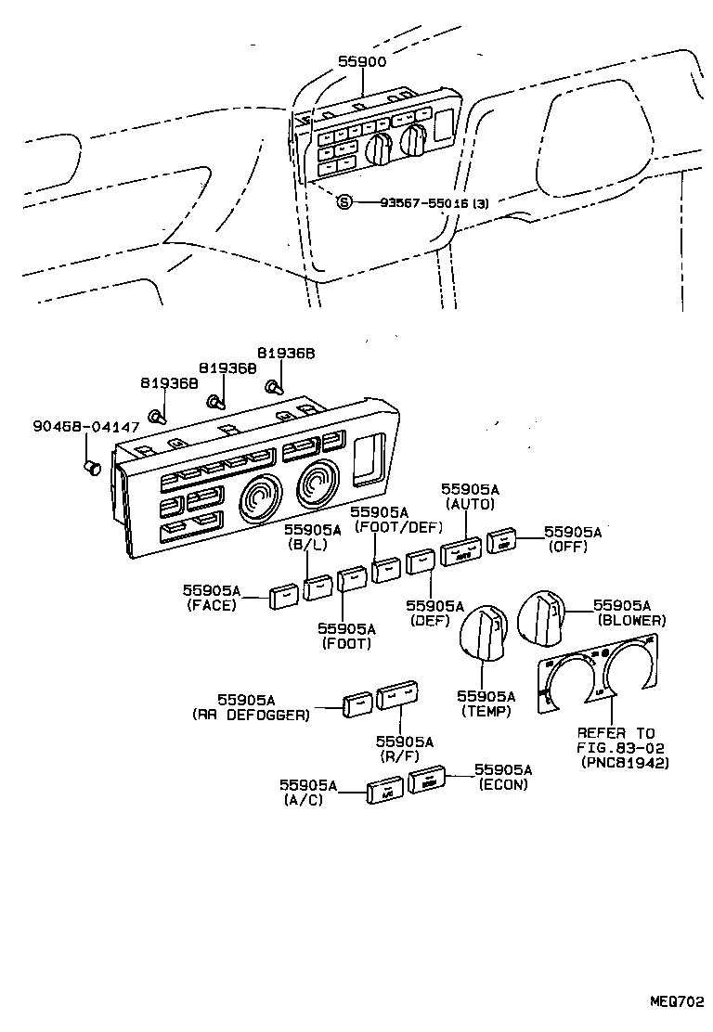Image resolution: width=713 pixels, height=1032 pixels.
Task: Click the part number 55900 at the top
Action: [362, 60]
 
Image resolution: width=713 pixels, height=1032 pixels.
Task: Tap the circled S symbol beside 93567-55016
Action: [344, 202]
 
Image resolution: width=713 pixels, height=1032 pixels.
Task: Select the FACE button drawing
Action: [283, 597]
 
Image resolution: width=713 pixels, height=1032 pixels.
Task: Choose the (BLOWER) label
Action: [631, 619]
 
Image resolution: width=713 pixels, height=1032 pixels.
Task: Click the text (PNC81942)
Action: [626, 762]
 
